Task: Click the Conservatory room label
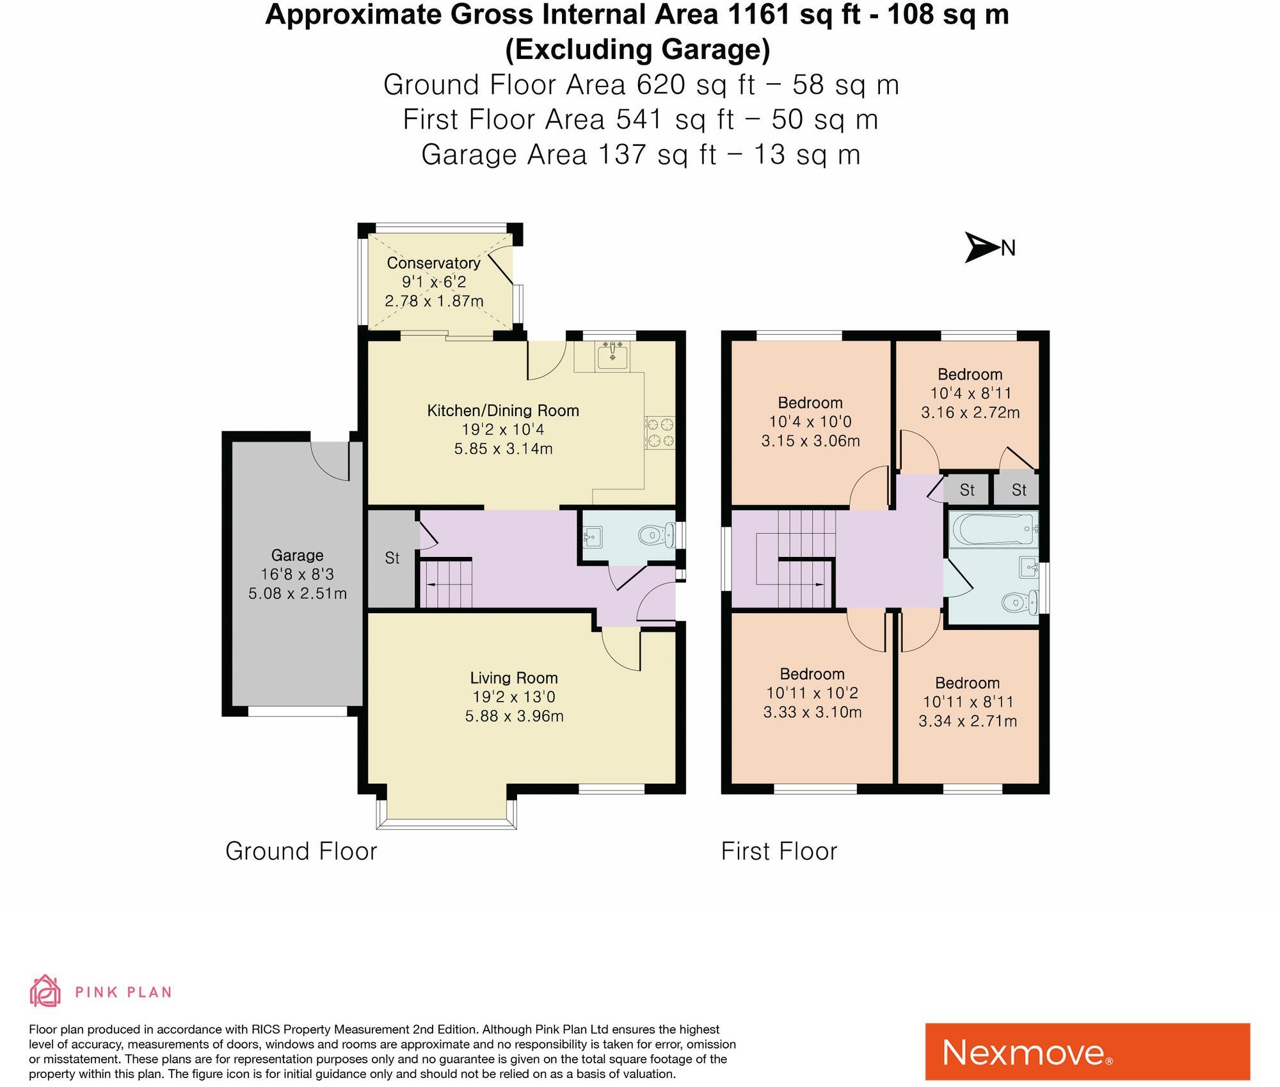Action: tap(433, 262)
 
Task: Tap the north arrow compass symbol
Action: tap(982, 247)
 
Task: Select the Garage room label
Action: tap(297, 555)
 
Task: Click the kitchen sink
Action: tap(612, 355)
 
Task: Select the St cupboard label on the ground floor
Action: tap(392, 558)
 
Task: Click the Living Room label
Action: tap(514, 677)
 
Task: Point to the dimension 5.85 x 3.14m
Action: tap(503, 449)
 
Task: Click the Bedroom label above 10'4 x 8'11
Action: tap(970, 374)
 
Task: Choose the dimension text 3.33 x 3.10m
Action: tap(812, 712)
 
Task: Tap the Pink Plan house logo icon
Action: tap(45, 992)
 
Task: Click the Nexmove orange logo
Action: tap(1087, 1052)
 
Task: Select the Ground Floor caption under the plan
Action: tap(301, 851)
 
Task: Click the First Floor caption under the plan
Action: tap(779, 851)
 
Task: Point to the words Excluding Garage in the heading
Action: tap(637, 49)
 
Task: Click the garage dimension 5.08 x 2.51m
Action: tap(298, 593)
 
